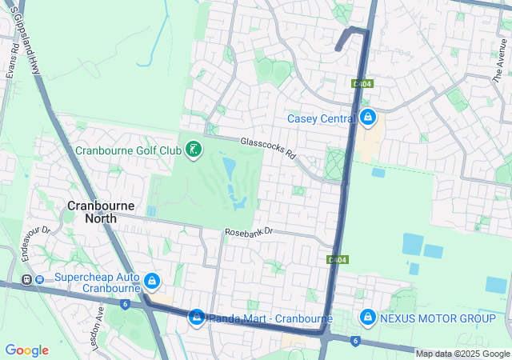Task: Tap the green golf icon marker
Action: [193, 150]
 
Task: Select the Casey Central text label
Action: [321, 119]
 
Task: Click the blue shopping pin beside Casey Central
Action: [367, 118]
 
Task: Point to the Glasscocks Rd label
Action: [269, 148]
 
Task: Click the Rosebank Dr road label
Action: [249, 231]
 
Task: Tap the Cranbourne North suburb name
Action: [101, 213]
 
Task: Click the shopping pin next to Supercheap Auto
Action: [152, 281]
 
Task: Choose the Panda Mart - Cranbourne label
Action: [271, 318]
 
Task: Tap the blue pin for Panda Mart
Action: [197, 318]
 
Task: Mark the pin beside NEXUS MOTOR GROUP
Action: [367, 318]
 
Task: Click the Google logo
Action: [26, 350]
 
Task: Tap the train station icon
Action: [26, 280]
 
